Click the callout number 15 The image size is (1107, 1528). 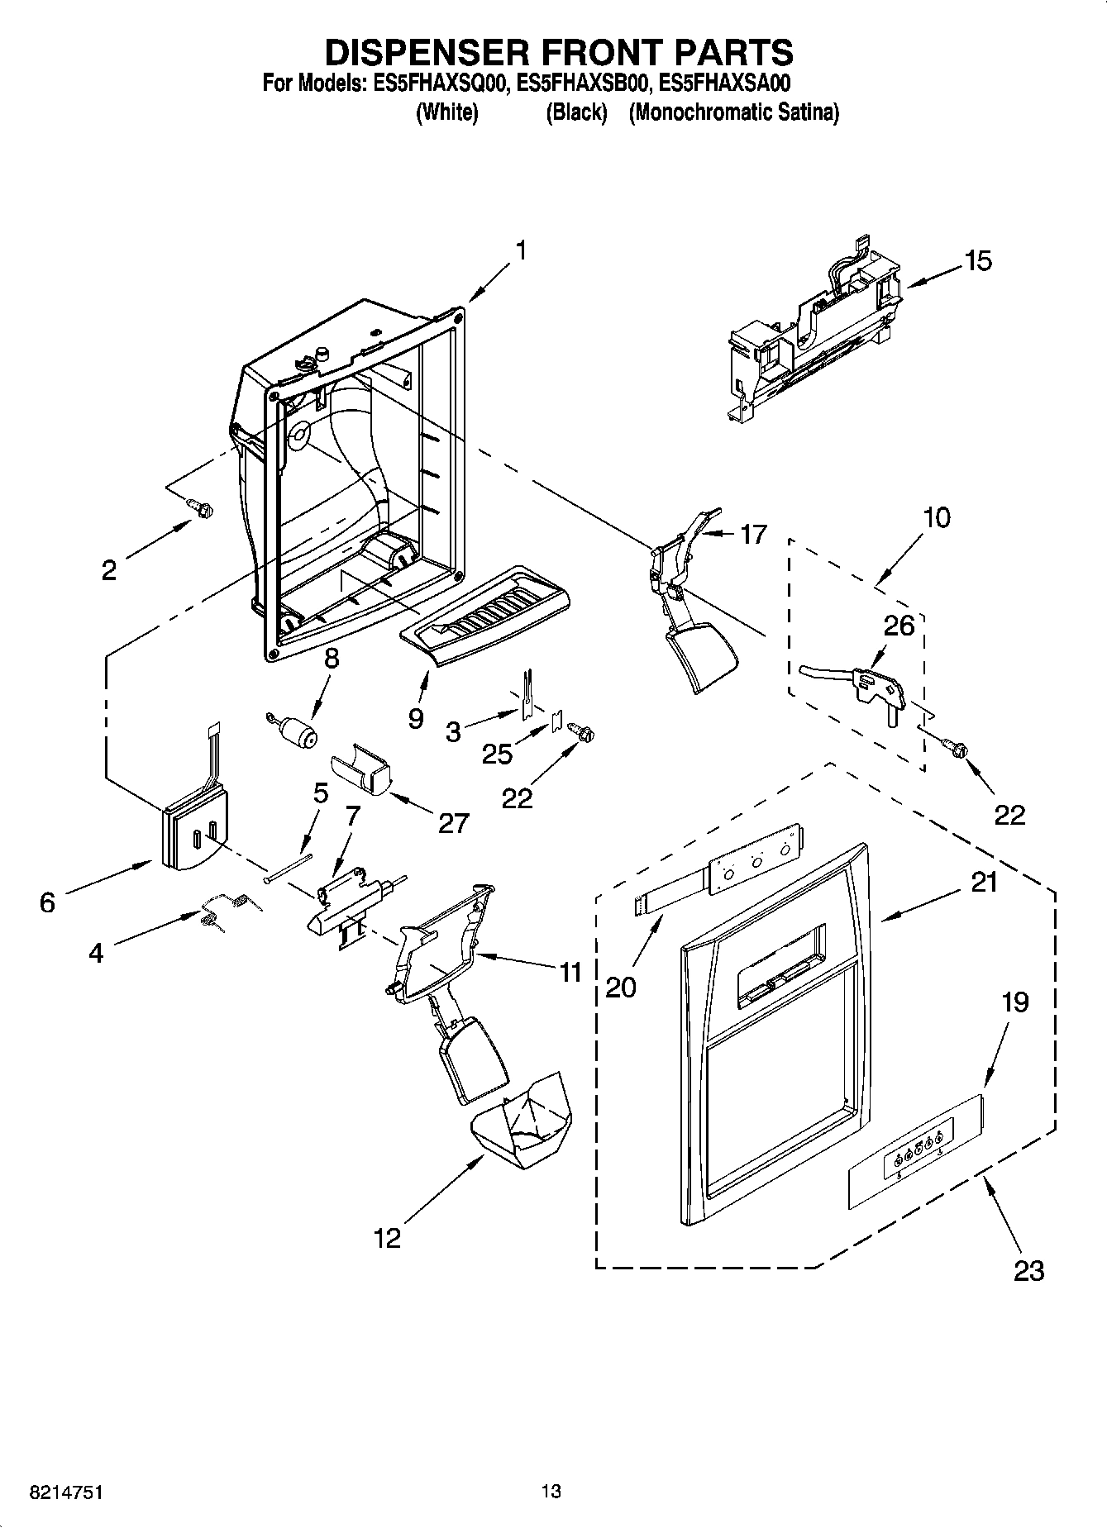point(977,261)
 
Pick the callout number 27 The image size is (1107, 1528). point(454,822)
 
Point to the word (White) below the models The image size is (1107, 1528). point(446,112)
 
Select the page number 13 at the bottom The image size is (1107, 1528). point(551,1492)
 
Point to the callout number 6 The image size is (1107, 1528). point(47,902)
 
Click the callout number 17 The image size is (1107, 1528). point(752,535)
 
